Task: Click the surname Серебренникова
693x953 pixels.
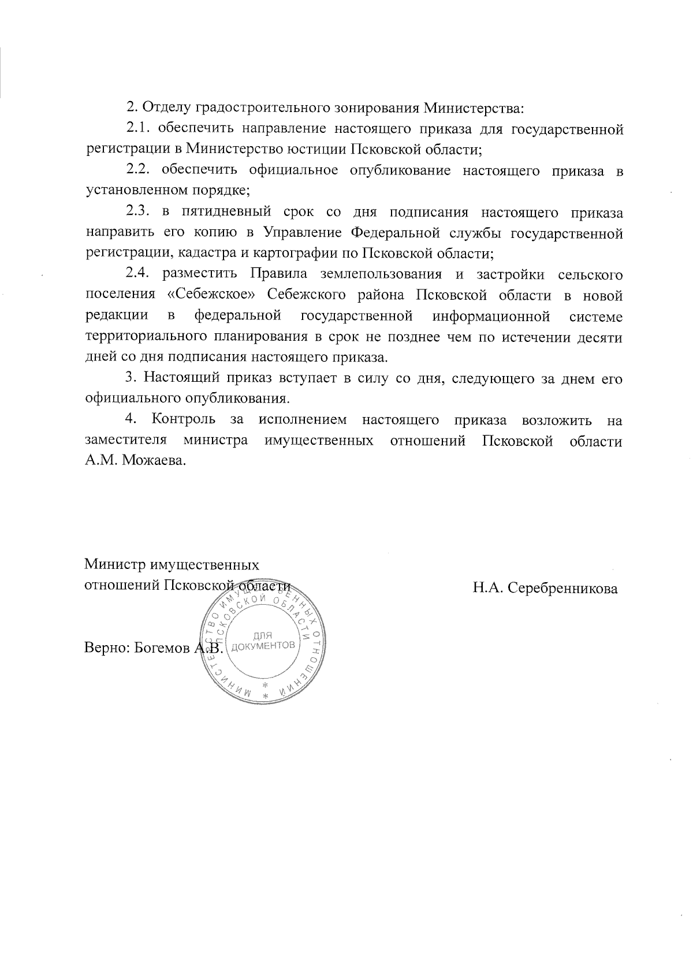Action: click(x=561, y=589)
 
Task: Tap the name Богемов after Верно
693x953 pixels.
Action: click(x=161, y=648)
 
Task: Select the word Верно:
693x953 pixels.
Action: click(x=107, y=648)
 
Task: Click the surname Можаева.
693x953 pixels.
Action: click(x=155, y=462)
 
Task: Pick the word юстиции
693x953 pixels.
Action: click(x=315, y=149)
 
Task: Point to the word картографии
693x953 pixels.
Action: click(x=296, y=254)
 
